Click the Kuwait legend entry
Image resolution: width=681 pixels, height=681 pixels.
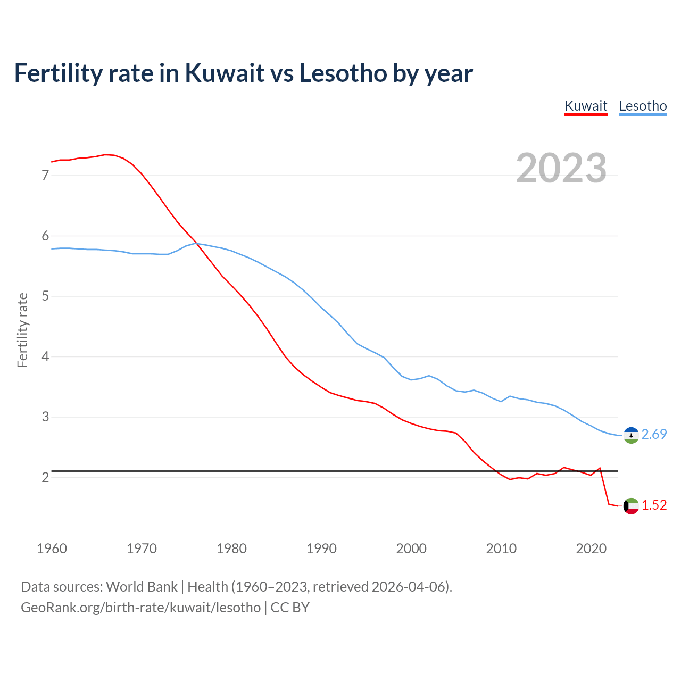click(x=586, y=106)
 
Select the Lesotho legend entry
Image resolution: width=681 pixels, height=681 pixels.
click(x=643, y=106)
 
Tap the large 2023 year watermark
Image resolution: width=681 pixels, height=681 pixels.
click(x=561, y=168)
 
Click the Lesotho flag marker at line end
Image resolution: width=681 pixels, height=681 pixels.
click(x=631, y=435)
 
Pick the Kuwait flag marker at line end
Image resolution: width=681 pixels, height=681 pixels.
click(x=631, y=506)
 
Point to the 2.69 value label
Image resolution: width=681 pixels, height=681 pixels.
click(x=654, y=435)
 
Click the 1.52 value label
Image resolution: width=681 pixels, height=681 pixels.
click(x=654, y=505)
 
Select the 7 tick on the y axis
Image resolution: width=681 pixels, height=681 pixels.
click(x=45, y=175)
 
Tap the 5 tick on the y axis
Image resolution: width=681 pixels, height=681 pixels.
click(x=45, y=296)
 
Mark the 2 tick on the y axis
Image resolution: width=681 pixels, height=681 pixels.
click(x=45, y=477)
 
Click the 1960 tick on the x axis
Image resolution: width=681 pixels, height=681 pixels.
click(x=52, y=549)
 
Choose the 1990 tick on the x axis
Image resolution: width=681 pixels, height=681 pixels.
click(x=321, y=549)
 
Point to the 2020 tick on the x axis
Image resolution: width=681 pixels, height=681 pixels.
click(x=591, y=549)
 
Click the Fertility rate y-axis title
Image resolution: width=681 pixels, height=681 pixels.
click(x=22, y=330)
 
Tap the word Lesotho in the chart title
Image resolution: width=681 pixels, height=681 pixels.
click(x=343, y=73)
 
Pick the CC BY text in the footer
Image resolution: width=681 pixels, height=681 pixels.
click(x=290, y=608)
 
